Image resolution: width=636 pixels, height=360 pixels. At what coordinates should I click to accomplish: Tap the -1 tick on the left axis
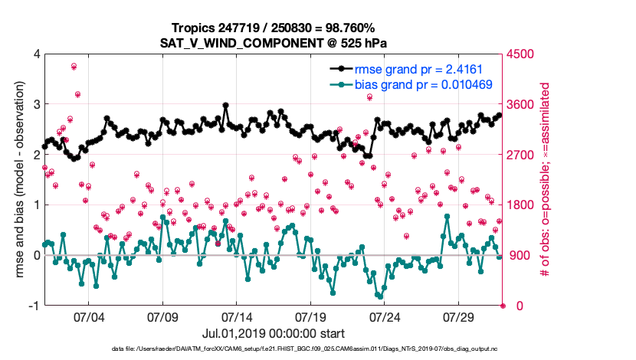[x=34, y=306]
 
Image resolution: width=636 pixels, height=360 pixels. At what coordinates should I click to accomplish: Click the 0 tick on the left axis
[x=36, y=255]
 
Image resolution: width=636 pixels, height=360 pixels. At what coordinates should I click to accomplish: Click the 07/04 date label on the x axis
[x=88, y=317]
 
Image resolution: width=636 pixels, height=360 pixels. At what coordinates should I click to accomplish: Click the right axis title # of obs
[x=546, y=180]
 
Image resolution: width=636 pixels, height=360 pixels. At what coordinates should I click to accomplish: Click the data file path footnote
[x=317, y=349]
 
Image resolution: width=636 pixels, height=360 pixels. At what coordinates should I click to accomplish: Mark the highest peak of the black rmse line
[x=225, y=105]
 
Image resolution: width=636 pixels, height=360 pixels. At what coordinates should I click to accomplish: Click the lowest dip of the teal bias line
[x=379, y=296]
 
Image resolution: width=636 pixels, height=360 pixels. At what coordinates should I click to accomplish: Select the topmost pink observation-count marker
[x=74, y=67]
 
